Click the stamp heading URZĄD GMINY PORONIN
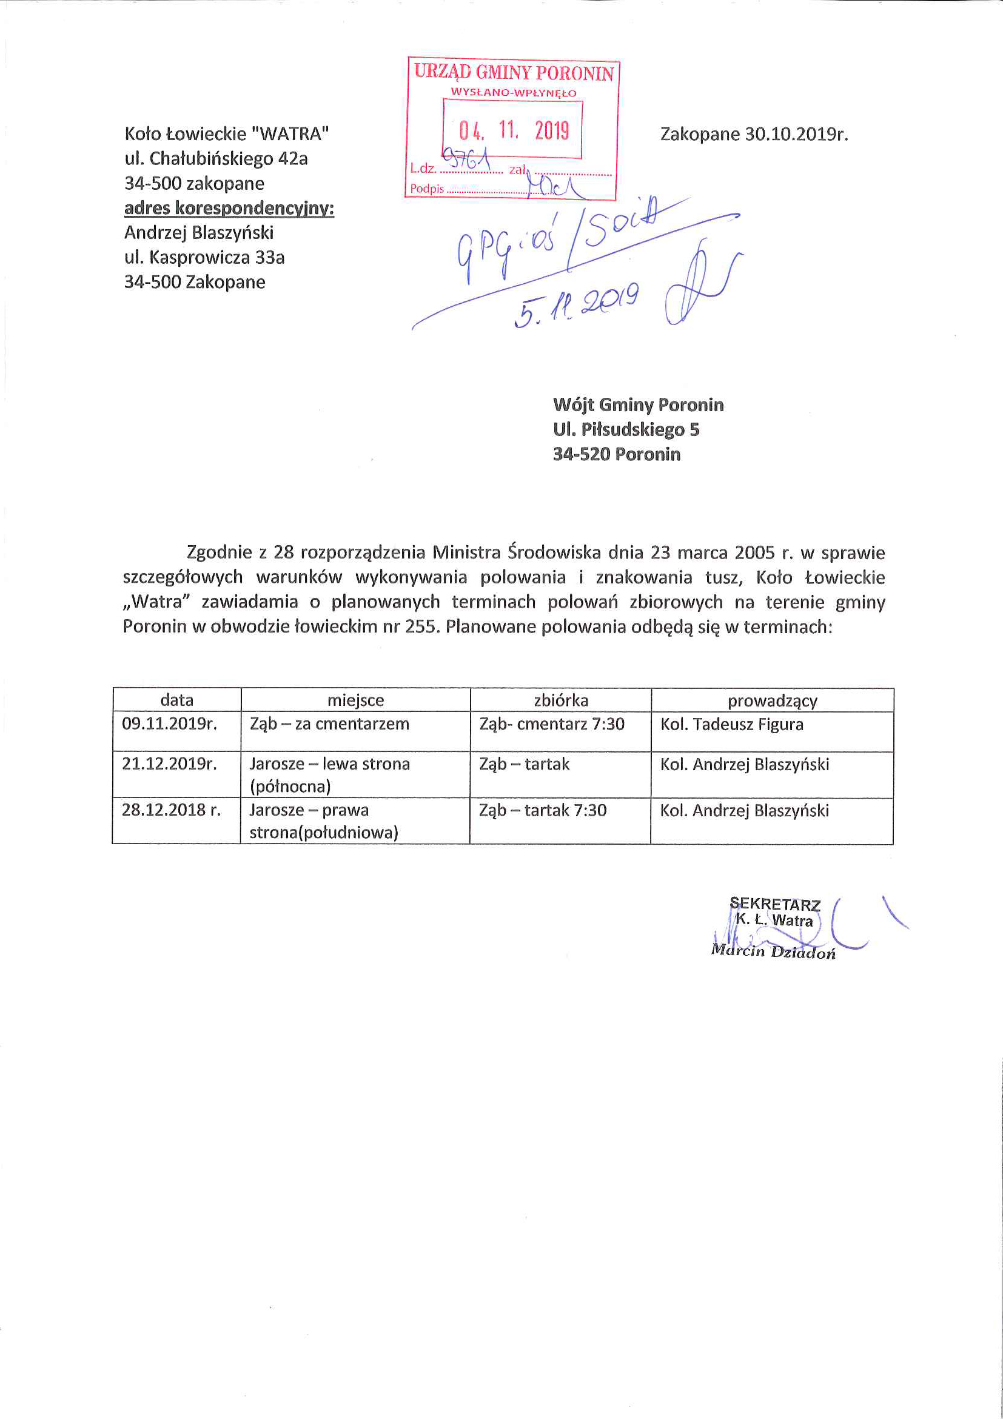(514, 72)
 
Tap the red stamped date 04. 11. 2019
(513, 130)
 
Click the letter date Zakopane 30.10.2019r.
(753, 134)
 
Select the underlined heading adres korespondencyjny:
(229, 208)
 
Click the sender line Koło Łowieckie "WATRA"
(226, 133)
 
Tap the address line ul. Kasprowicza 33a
(204, 257)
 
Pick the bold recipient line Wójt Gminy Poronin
(638, 405)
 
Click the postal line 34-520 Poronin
(616, 454)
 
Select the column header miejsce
(355, 700)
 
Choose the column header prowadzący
(772, 701)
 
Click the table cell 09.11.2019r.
(169, 723)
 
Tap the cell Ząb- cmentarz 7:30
(552, 723)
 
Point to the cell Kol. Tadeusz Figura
(732, 724)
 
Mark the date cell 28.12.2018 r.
(170, 810)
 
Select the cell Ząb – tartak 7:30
(543, 810)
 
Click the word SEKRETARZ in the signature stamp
(775, 905)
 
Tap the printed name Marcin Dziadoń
(773, 952)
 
